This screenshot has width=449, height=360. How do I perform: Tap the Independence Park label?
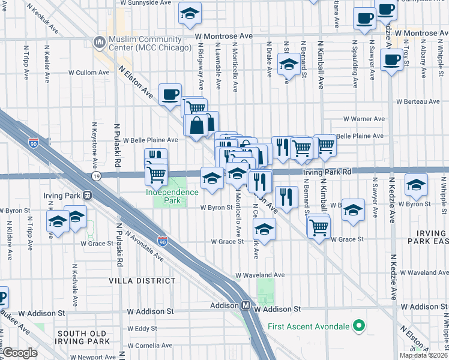coord(172,192)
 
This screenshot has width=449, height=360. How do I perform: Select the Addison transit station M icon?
coord(246,305)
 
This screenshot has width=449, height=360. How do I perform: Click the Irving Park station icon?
coord(88,195)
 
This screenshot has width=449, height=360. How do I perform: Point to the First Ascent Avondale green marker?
coord(360,326)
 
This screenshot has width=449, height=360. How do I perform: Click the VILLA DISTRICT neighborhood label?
coord(142,280)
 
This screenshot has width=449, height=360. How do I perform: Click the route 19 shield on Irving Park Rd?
coord(96,176)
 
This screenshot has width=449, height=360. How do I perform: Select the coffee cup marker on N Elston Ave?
coord(170,94)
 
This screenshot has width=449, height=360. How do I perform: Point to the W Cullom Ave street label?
coord(89,73)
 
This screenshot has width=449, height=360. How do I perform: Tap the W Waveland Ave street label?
coord(259,275)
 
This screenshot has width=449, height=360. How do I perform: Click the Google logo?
coord(20,353)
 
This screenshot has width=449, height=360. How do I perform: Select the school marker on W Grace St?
coord(264,229)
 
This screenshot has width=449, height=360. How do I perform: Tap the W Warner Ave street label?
coord(363,119)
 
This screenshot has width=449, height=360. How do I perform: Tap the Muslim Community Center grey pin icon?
coord(99,42)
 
